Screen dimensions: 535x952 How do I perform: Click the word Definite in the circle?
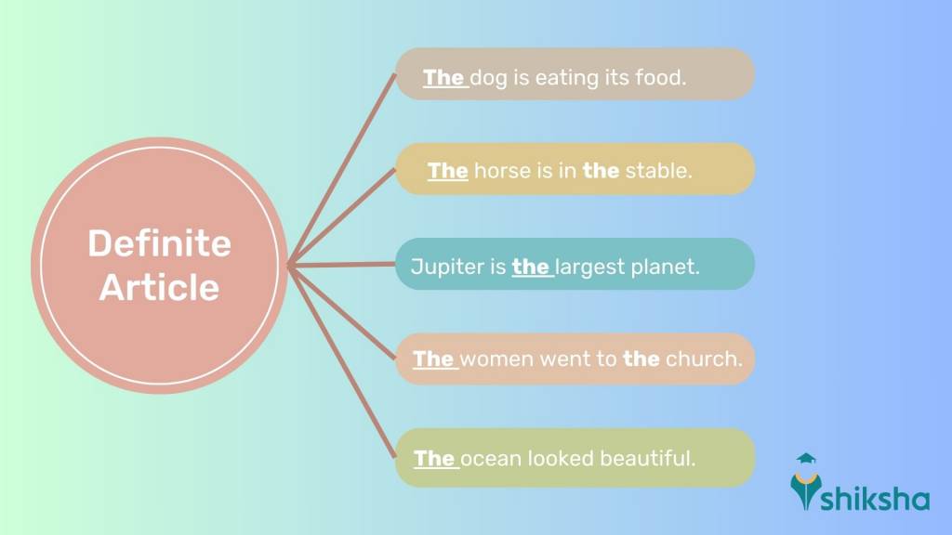[159, 244]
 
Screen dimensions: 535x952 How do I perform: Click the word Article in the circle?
[159, 287]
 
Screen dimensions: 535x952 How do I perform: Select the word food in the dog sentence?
[660, 77]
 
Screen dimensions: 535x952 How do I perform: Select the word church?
[704, 359]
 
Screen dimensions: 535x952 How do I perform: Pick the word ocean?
[490, 458]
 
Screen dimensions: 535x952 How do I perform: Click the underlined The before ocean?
[433, 458]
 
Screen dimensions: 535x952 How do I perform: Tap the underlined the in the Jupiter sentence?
[530, 267]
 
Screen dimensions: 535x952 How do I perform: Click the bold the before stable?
[601, 171]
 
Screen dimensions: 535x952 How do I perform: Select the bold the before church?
[641, 359]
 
